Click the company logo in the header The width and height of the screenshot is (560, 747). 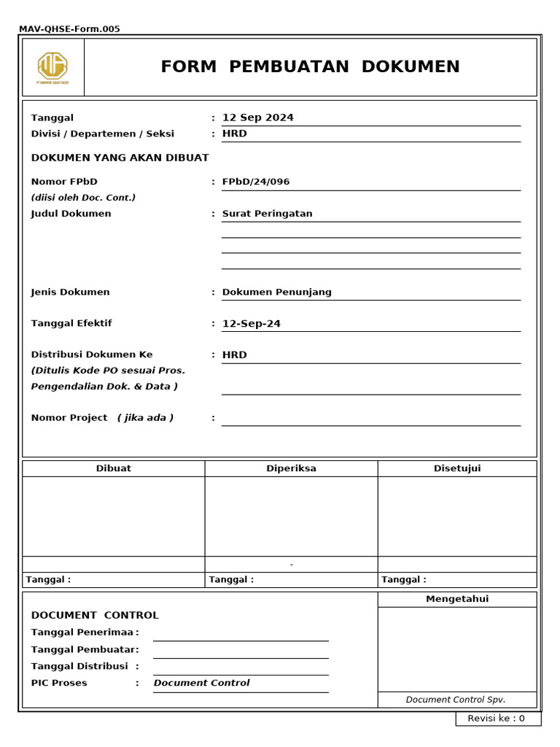click(53, 67)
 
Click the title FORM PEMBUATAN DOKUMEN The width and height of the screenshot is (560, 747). click(310, 67)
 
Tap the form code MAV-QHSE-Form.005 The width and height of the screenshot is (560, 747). click(69, 29)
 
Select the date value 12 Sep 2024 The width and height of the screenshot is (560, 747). click(258, 117)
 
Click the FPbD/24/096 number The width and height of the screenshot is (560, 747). click(256, 182)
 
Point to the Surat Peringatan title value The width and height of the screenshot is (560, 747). click(267, 214)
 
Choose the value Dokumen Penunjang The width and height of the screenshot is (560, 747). click(276, 292)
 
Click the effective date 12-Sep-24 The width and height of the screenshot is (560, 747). click(252, 324)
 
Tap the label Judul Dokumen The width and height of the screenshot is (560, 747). click(71, 214)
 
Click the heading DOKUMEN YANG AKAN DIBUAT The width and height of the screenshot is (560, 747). click(120, 158)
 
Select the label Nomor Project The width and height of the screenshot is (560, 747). click(69, 418)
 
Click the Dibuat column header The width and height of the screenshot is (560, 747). click(114, 468)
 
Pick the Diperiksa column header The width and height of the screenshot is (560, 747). click(291, 468)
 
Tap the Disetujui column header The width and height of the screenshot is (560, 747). click(457, 468)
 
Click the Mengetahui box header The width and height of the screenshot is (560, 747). click(457, 599)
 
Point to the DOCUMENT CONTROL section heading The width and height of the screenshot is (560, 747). click(95, 615)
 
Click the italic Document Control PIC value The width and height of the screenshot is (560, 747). click(201, 683)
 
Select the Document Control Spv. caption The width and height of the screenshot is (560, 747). click(456, 700)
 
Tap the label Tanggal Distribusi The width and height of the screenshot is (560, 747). click(79, 666)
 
